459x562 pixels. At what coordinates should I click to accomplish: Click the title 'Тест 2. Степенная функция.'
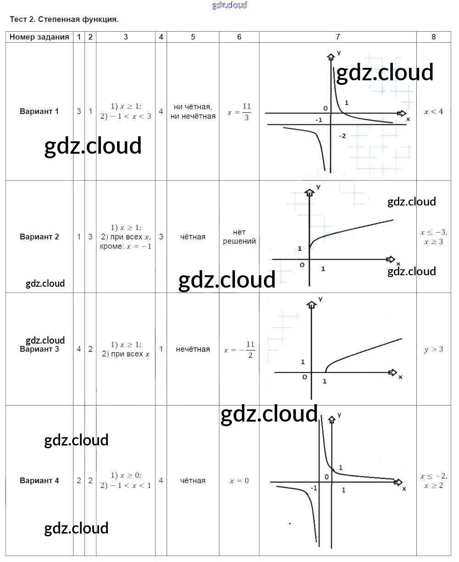click(x=64, y=20)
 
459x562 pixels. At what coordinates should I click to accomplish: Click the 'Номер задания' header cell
click(x=39, y=37)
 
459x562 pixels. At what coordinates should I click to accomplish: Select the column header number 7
click(x=338, y=37)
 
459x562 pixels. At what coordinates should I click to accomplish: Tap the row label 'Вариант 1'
click(x=39, y=111)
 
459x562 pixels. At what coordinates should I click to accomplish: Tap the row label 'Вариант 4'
click(x=39, y=481)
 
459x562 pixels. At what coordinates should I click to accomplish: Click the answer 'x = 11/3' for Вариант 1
click(x=240, y=111)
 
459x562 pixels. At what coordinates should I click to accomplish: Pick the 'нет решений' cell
click(x=239, y=237)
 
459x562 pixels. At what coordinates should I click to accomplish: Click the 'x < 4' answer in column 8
click(x=434, y=111)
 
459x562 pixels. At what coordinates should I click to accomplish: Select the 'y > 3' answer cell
click(x=434, y=350)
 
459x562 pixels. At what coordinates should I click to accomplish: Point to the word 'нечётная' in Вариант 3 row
click(x=193, y=350)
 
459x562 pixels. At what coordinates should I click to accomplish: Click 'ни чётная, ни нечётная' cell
click(x=193, y=111)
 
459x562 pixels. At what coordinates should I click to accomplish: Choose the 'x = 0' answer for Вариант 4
click(x=239, y=481)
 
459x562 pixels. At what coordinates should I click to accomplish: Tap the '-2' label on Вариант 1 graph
click(x=342, y=136)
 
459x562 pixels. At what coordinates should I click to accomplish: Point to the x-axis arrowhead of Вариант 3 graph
click(x=392, y=373)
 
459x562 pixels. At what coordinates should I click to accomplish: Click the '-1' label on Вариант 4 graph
click(x=313, y=488)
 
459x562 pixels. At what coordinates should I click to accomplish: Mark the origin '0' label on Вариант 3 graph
click(x=304, y=377)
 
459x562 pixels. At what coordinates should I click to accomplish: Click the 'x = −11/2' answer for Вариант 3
click(x=240, y=350)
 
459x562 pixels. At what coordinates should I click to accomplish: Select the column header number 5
click(x=193, y=37)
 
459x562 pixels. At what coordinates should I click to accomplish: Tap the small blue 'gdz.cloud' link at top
click(x=229, y=5)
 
